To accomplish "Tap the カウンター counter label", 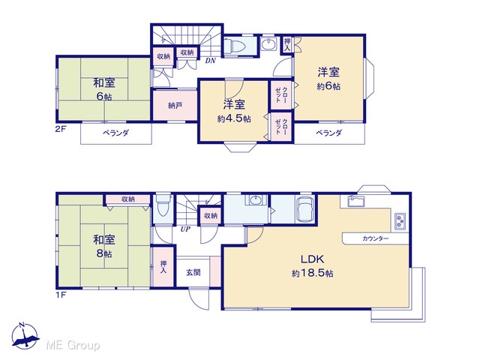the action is click(375, 238).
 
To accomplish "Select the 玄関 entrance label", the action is click(193, 272).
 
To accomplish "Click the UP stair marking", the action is click(185, 229).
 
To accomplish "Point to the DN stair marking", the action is click(210, 61).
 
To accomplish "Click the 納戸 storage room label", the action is click(175, 106).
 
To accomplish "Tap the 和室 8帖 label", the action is click(103, 246).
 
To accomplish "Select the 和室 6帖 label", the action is click(103, 89).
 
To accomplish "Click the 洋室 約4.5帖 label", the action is click(234, 111).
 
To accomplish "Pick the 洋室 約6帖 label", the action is click(328, 79).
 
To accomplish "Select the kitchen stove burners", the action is click(400, 220).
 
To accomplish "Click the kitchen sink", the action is click(356, 201).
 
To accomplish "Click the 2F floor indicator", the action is click(60, 128).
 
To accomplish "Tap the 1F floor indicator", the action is click(60, 295).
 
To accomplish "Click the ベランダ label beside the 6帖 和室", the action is click(115, 133).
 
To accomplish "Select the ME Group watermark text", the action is click(73, 345).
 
